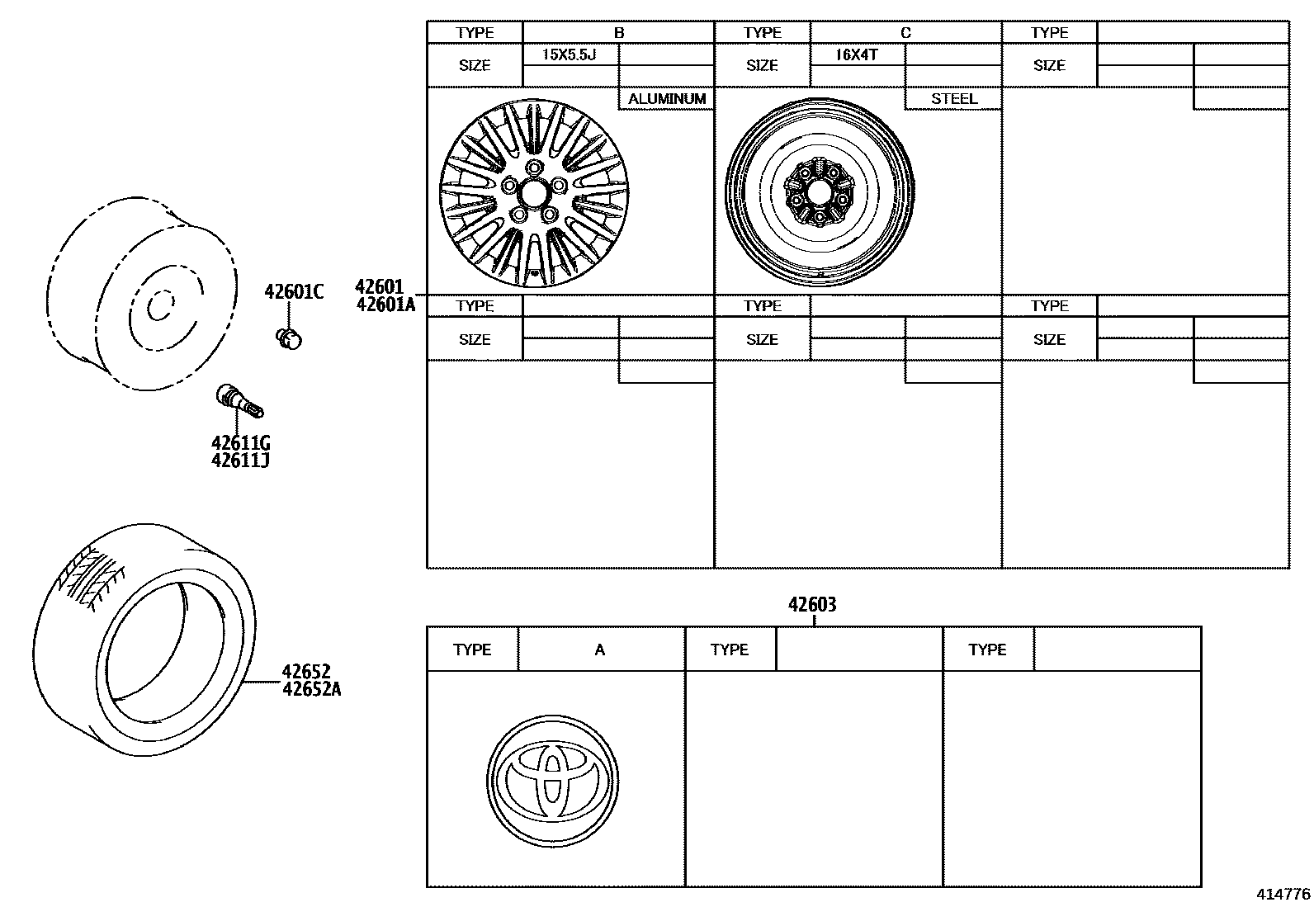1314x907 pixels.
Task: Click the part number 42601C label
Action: coord(294,291)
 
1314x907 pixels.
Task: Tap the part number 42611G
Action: coord(240,444)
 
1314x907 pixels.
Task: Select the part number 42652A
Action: coord(311,688)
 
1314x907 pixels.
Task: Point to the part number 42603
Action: coord(812,605)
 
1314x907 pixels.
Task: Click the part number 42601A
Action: coord(385,305)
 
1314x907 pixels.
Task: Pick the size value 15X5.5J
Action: coord(569,55)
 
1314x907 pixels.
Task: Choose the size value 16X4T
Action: coord(856,55)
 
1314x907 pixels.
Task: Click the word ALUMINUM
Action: coord(667,99)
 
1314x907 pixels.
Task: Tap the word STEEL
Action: coord(954,99)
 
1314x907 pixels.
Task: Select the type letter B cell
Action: coord(619,33)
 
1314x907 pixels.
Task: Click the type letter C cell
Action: coord(905,33)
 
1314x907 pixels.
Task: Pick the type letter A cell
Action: coord(600,650)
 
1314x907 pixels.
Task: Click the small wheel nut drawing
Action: coord(288,338)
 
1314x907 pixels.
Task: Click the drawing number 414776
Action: coord(1283,894)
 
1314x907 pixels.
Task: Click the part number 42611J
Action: coord(240,460)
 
